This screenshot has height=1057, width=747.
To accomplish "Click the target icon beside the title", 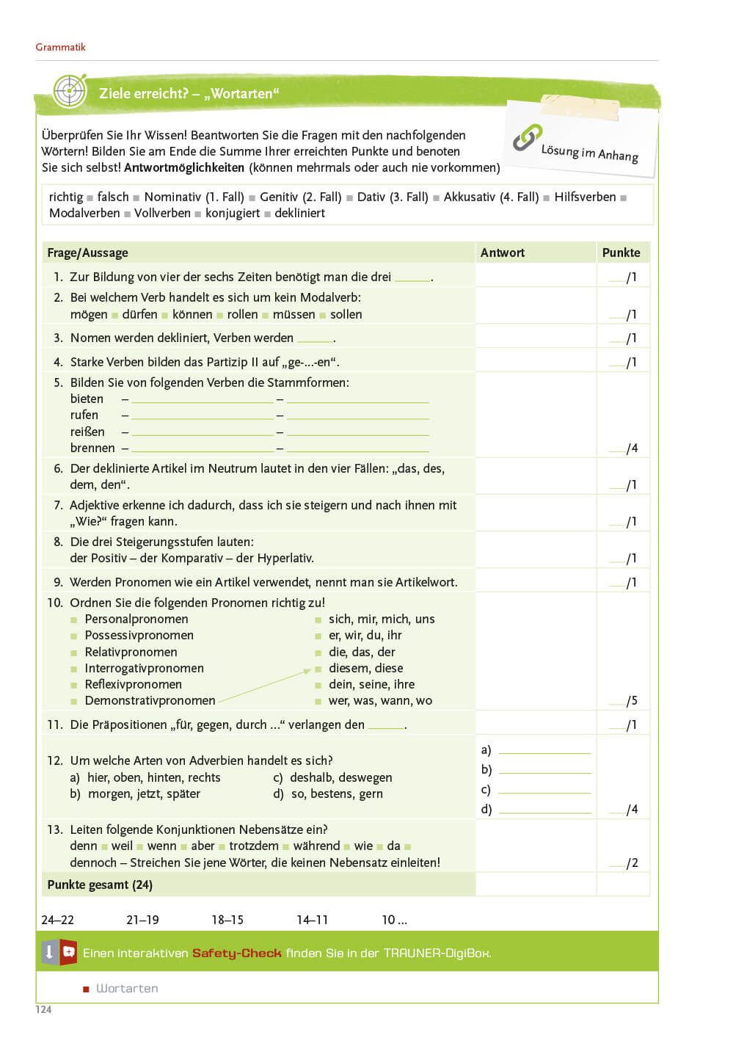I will tap(70, 92).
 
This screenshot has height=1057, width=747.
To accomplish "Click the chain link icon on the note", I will tap(527, 137).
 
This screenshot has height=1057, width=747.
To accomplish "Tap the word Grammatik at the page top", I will tap(60, 47).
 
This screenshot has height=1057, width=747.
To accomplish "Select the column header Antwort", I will tap(502, 253).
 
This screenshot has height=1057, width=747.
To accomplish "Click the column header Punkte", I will tap(621, 253).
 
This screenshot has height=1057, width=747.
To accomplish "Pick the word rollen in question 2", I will tap(242, 314).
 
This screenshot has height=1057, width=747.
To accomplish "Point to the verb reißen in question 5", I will tap(87, 432).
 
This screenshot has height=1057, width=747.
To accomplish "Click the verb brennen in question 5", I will tap(92, 448).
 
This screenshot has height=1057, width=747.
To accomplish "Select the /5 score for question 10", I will tap(631, 701).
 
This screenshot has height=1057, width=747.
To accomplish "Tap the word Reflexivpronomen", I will tap(133, 684).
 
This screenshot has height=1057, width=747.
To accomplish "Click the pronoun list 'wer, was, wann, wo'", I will tap(380, 700).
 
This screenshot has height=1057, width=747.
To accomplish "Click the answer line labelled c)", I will tap(544, 790).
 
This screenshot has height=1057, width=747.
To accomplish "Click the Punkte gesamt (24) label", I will tap(100, 885).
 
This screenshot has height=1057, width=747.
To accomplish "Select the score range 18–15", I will tap(227, 920).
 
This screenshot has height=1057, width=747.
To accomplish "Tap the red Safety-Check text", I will tap(236, 953).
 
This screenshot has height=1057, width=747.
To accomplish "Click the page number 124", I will tap(43, 1009).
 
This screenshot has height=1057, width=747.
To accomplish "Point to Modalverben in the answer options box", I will tap(84, 213).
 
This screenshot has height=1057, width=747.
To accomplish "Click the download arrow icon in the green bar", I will tap(48, 952).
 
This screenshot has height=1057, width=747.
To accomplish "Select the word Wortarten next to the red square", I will tap(127, 988).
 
